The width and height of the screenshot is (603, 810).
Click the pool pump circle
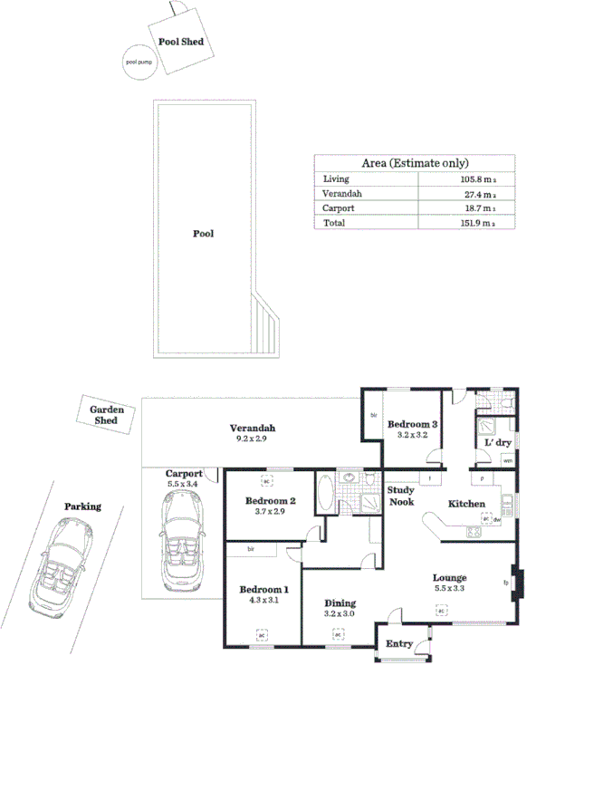coord(141,63)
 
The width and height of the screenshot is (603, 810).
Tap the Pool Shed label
coord(181,42)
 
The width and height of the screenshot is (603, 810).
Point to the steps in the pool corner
coord(268,327)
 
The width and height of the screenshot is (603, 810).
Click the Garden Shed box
coord(108,416)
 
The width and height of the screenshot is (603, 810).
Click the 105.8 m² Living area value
coord(476,179)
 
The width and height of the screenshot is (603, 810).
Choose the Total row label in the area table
coord(334,222)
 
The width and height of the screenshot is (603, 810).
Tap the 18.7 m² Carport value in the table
coord(476,207)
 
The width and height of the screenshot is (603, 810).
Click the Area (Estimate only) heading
coord(414,163)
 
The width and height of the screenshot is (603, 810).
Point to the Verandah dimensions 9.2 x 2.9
coord(252,439)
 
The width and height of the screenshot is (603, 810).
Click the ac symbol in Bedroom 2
coord(268,481)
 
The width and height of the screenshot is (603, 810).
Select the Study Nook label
coord(400,496)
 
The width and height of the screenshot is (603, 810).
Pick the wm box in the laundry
coord(507,461)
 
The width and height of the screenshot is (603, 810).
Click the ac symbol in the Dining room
coord(338,635)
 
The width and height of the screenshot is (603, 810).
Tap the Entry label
coord(399,644)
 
